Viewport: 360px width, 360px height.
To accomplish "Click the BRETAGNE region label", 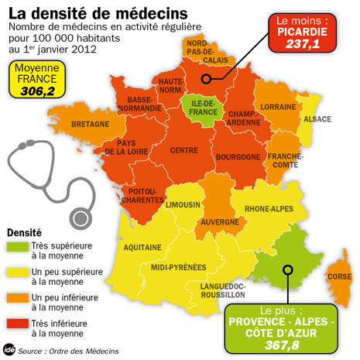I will pyautogui.click(x=91, y=123).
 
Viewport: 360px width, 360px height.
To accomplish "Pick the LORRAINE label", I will pyautogui.click(x=276, y=107).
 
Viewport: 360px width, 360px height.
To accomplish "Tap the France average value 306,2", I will pyautogui.click(x=37, y=90).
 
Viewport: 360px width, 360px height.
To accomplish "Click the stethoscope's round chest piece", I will pyautogui.click(x=79, y=214).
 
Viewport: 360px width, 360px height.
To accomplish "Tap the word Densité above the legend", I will pyautogui.click(x=26, y=232).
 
